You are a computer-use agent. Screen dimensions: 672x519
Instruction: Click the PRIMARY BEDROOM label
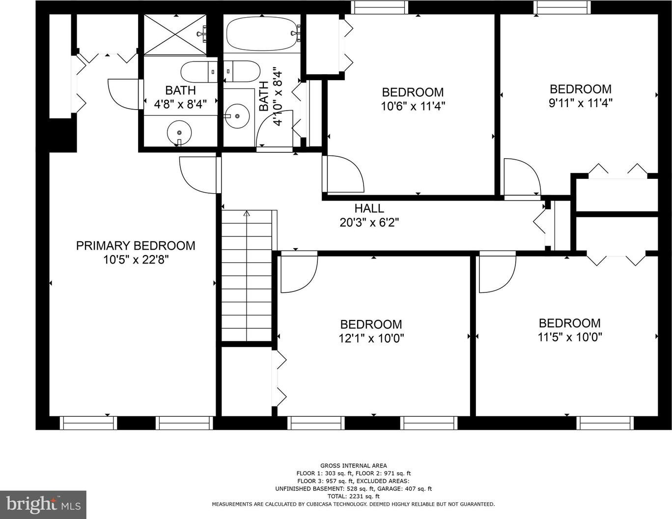136,246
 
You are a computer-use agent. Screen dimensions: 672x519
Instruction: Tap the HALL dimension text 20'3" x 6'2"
369,222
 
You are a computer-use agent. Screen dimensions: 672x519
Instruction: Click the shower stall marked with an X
175,34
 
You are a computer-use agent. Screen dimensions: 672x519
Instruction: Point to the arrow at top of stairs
247,213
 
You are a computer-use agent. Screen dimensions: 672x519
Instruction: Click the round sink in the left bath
179,132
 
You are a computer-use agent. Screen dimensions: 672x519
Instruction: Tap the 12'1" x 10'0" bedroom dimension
371,338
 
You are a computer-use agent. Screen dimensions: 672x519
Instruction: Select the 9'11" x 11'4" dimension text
581,103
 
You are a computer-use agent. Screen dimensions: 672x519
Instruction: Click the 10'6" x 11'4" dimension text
413,106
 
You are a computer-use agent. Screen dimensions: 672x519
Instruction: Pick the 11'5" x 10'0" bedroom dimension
570,337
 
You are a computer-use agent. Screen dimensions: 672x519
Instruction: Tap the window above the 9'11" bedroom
562,7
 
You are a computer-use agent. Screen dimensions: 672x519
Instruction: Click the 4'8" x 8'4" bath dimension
180,104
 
